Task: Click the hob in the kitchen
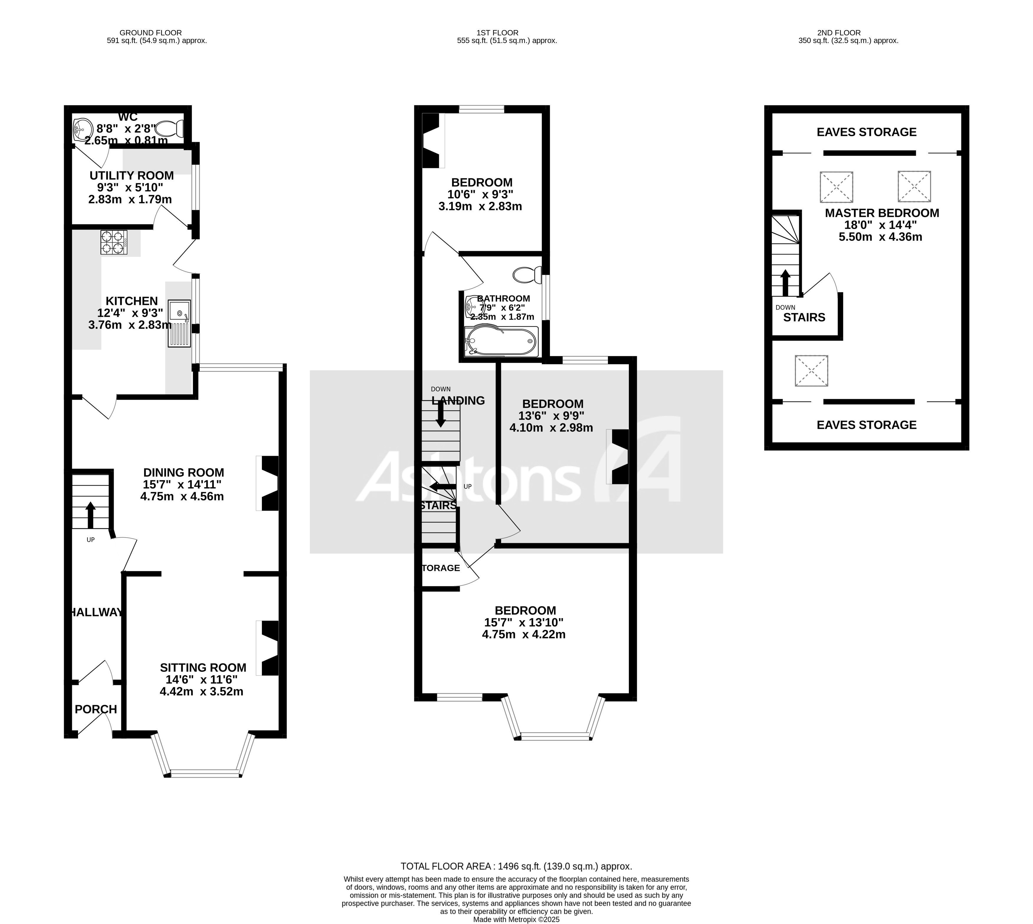click(114, 242)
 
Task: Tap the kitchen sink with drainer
click(180, 323)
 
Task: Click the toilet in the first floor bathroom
click(527, 275)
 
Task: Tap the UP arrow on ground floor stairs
click(90, 515)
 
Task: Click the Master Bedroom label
click(882, 213)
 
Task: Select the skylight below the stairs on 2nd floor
click(811, 370)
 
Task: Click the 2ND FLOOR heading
click(848, 32)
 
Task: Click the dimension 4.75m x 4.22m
click(524, 634)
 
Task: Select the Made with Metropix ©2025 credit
click(516, 919)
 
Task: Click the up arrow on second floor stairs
click(785, 283)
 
